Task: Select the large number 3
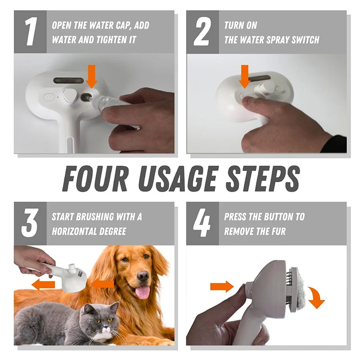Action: [x=30, y=223]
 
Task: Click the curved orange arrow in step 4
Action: [x=318, y=297]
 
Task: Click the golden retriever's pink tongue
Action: [x=143, y=292]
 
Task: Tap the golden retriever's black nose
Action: [x=143, y=275]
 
